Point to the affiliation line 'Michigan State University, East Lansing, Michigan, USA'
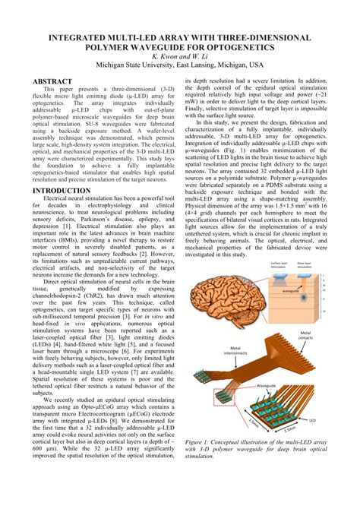click(x=180, y=65)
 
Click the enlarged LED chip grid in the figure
click(x=289, y=406)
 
